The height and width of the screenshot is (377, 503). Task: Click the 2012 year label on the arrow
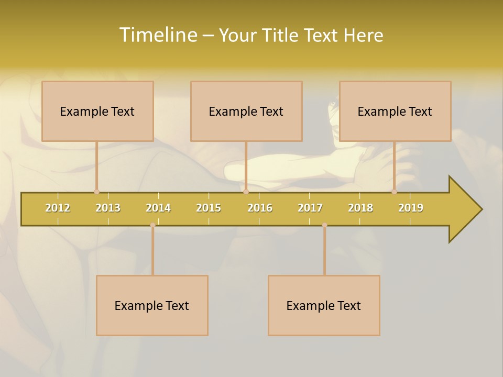58,208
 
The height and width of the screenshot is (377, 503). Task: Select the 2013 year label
108,208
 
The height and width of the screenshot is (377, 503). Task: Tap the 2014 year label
158,208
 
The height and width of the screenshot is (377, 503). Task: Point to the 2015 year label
209,208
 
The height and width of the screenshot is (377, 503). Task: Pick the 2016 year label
260,208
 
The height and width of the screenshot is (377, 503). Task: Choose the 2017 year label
310,208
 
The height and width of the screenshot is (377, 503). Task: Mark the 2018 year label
360,208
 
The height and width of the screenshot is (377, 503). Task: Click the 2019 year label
411,208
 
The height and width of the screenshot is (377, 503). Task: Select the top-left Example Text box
97,111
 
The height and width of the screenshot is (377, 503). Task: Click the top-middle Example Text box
246,111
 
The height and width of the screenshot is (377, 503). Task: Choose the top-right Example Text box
395,111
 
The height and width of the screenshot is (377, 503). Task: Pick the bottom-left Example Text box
152,305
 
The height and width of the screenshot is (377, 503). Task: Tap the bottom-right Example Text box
324,305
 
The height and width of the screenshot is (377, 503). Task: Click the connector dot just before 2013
96,192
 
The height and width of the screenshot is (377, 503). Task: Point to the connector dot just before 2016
246,192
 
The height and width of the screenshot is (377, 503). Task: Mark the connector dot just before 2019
394,192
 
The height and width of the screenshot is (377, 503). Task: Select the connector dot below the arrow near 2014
152,225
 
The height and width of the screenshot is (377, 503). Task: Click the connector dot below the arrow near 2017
324,225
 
